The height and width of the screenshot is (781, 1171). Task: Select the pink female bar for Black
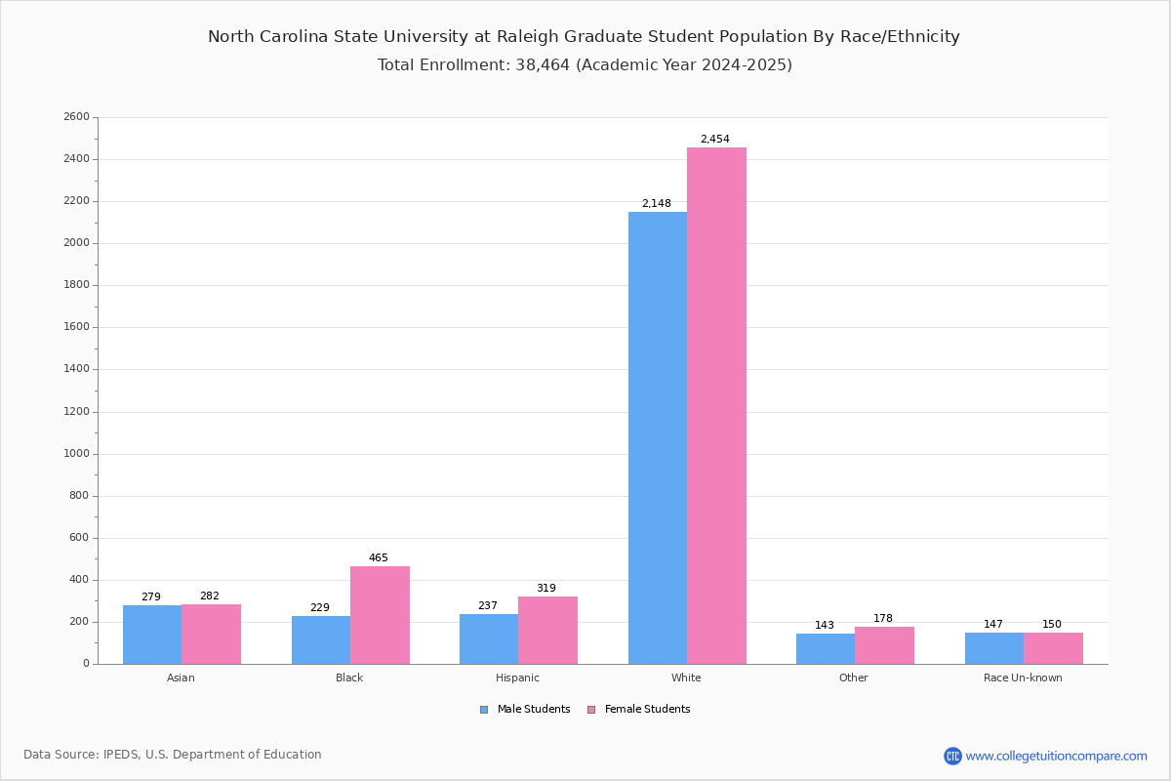click(x=380, y=615)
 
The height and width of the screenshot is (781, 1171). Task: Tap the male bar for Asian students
click(x=152, y=635)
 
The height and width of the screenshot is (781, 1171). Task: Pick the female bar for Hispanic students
click(x=547, y=630)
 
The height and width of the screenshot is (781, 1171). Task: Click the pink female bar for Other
click(x=884, y=645)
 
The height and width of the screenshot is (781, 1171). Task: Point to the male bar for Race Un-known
click(x=994, y=648)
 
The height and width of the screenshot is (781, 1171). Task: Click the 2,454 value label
click(x=714, y=140)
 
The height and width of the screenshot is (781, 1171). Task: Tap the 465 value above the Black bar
click(x=379, y=558)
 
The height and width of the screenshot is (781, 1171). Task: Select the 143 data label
click(x=825, y=626)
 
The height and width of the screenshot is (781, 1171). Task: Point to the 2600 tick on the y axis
click(x=76, y=117)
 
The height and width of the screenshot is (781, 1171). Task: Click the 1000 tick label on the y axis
click(x=76, y=454)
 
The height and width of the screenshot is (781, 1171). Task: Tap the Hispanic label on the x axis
click(x=517, y=678)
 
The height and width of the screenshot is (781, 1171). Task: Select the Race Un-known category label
click(x=1023, y=678)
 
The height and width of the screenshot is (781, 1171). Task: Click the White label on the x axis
click(x=686, y=678)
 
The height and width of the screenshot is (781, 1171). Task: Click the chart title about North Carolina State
click(x=584, y=37)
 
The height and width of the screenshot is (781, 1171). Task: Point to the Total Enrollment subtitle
click(x=585, y=65)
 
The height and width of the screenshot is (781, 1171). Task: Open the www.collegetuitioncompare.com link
click(x=1056, y=756)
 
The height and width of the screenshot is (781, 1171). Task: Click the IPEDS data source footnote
click(x=173, y=755)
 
